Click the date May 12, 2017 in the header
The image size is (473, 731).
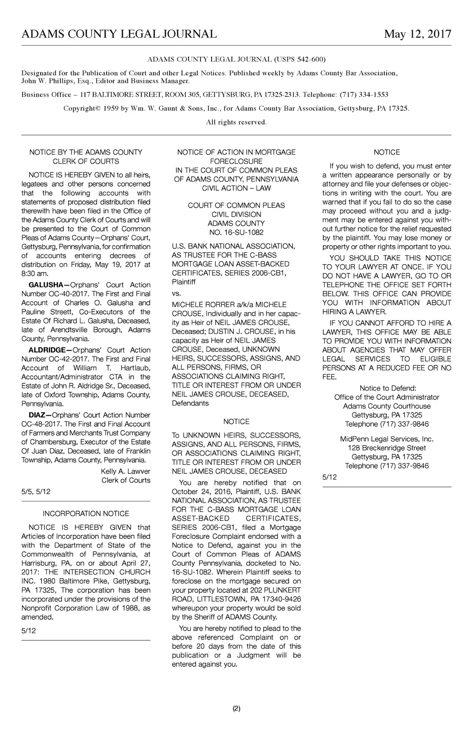(x=417, y=34)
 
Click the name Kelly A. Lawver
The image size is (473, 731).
(x=126, y=471)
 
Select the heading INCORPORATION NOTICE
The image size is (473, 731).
(x=86, y=514)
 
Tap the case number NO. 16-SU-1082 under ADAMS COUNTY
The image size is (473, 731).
(x=236, y=233)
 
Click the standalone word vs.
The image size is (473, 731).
(x=176, y=294)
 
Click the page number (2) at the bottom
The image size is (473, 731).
(x=236, y=708)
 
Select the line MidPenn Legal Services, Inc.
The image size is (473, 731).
(x=387, y=439)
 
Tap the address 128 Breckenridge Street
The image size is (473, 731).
(x=387, y=448)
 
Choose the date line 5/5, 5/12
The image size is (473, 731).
(x=36, y=492)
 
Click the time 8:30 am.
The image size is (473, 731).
(x=33, y=274)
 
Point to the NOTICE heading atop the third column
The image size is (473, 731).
(x=387, y=152)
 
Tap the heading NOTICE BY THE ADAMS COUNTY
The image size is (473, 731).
(x=86, y=152)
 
